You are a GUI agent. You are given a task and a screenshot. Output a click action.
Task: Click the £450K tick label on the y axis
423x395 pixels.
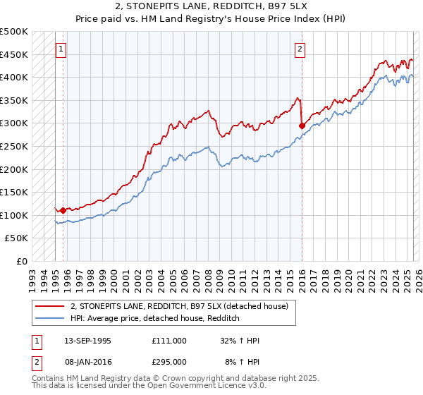pos(14,54)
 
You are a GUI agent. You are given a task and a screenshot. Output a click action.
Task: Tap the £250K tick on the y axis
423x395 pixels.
pos(14,146)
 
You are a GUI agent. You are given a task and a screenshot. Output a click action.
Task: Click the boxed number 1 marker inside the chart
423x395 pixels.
pos(61,49)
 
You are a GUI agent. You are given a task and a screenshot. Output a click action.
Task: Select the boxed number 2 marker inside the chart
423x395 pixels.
pos(300,49)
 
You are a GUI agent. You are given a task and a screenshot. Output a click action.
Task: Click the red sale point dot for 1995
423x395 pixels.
pos(63,210)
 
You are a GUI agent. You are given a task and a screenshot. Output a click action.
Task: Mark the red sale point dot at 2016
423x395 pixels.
pos(302,126)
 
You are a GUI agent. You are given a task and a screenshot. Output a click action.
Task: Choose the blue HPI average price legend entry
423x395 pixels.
pos(155,319)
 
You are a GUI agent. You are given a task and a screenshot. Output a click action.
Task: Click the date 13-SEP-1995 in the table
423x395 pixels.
pos(87,341)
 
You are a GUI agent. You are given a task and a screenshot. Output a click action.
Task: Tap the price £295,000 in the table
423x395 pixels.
pos(168,361)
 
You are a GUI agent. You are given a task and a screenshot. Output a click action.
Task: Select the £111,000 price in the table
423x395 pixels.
pos(168,341)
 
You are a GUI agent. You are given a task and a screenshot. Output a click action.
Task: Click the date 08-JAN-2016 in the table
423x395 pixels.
pos(87,361)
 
